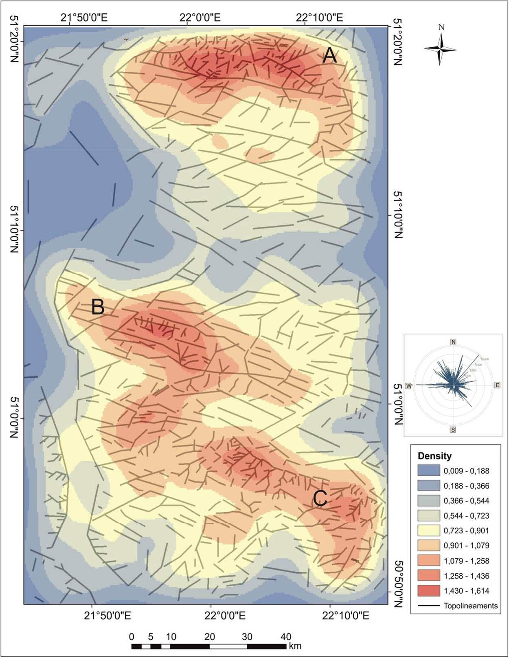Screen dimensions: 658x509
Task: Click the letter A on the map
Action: [x=329, y=55]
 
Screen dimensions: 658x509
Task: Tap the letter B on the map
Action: [x=98, y=307]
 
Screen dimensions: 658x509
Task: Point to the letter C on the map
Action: [x=320, y=498]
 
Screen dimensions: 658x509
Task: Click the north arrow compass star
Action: [x=440, y=49]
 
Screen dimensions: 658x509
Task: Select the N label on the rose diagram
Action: [x=453, y=341]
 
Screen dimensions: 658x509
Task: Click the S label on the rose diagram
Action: [x=453, y=429]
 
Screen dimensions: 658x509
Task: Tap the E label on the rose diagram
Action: [x=497, y=385]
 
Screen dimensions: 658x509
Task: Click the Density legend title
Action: [x=434, y=456]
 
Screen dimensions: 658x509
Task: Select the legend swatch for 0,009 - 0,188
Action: [x=428, y=471]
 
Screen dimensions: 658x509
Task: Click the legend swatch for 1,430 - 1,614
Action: [x=428, y=591]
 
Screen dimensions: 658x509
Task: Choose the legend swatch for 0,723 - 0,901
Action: [x=428, y=530]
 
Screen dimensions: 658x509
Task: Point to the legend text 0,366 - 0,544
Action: [x=466, y=501]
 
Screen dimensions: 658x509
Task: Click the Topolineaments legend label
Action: [x=471, y=606]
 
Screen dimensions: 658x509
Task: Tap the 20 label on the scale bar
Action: [x=210, y=637]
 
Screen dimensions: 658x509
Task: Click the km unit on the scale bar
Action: [x=295, y=646]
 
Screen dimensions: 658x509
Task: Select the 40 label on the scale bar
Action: [x=286, y=637]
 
